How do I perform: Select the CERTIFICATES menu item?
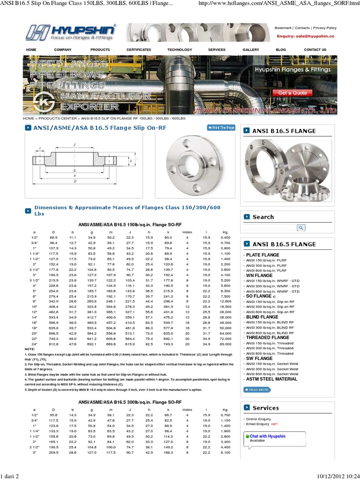139,50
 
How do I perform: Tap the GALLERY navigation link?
251,50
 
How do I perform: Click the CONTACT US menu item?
315,50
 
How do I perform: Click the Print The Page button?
221,127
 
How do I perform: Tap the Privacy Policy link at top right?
325,28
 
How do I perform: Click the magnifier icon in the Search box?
301,228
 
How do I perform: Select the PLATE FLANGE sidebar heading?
261,255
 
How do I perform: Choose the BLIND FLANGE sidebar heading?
262,317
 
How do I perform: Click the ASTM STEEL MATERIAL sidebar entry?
272,379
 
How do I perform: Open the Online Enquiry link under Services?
259,419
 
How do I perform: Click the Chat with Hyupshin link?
267,436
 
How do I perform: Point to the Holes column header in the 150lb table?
187,232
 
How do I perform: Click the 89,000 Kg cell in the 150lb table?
225,344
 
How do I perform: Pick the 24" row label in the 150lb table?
34,344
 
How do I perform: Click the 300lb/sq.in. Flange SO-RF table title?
130,402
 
